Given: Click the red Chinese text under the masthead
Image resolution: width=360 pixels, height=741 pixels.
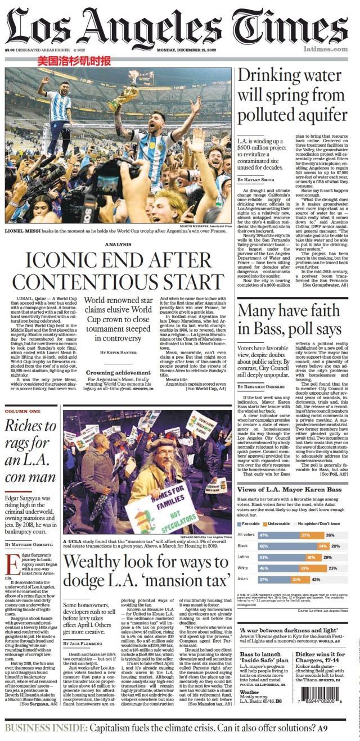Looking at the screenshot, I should [x=74, y=61].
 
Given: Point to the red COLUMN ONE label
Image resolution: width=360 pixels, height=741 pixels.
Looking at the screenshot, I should [x=23, y=412].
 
